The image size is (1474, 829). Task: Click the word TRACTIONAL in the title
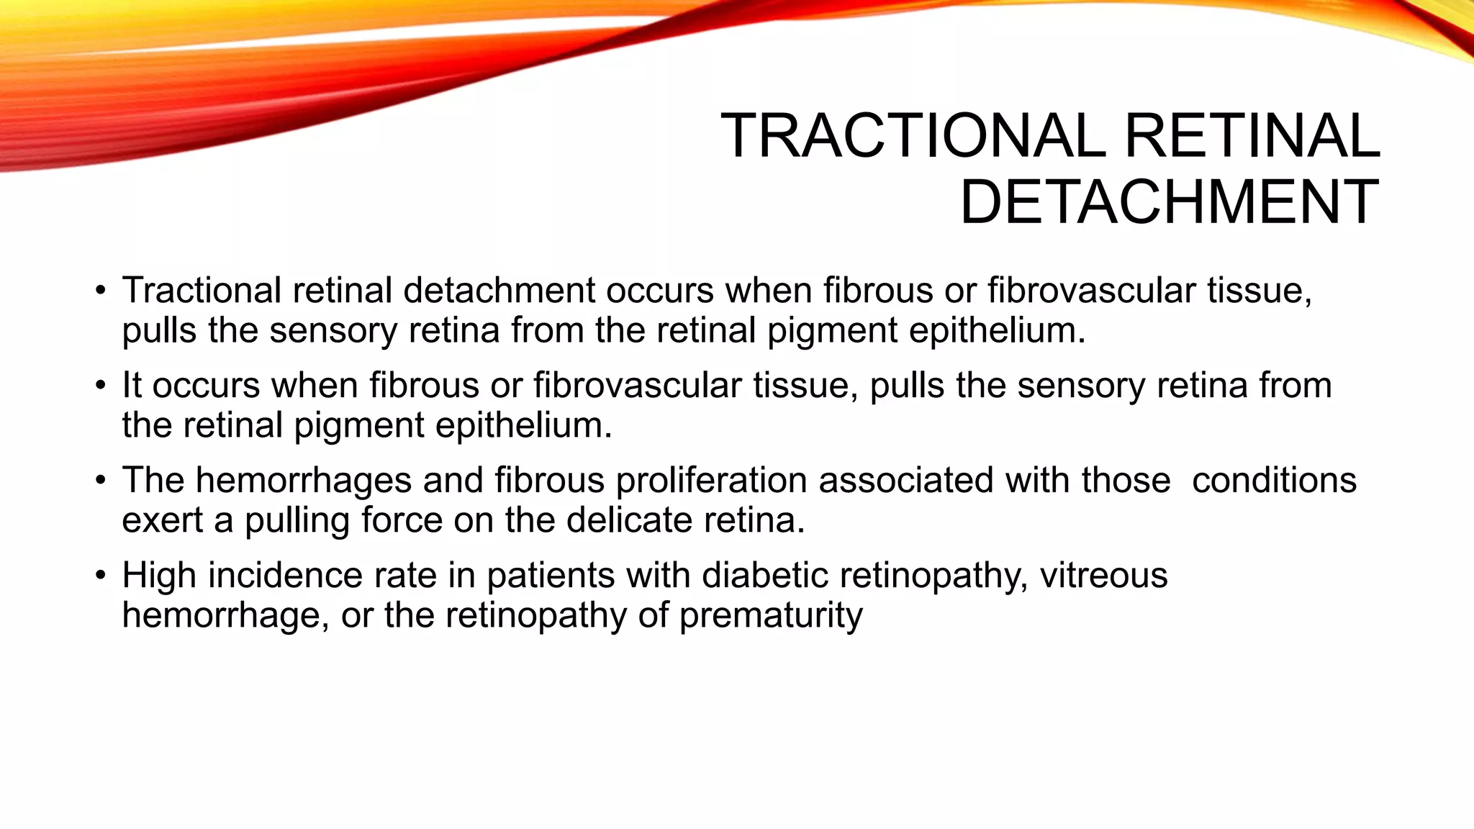(x=913, y=136)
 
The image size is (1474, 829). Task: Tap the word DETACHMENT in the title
(x=1170, y=202)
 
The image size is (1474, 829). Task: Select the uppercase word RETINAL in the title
(x=1252, y=136)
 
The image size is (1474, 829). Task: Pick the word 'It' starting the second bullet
(x=131, y=385)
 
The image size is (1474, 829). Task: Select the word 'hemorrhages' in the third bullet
(x=303, y=481)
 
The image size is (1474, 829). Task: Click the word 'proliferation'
(x=711, y=481)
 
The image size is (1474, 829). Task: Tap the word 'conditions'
(x=1274, y=481)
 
